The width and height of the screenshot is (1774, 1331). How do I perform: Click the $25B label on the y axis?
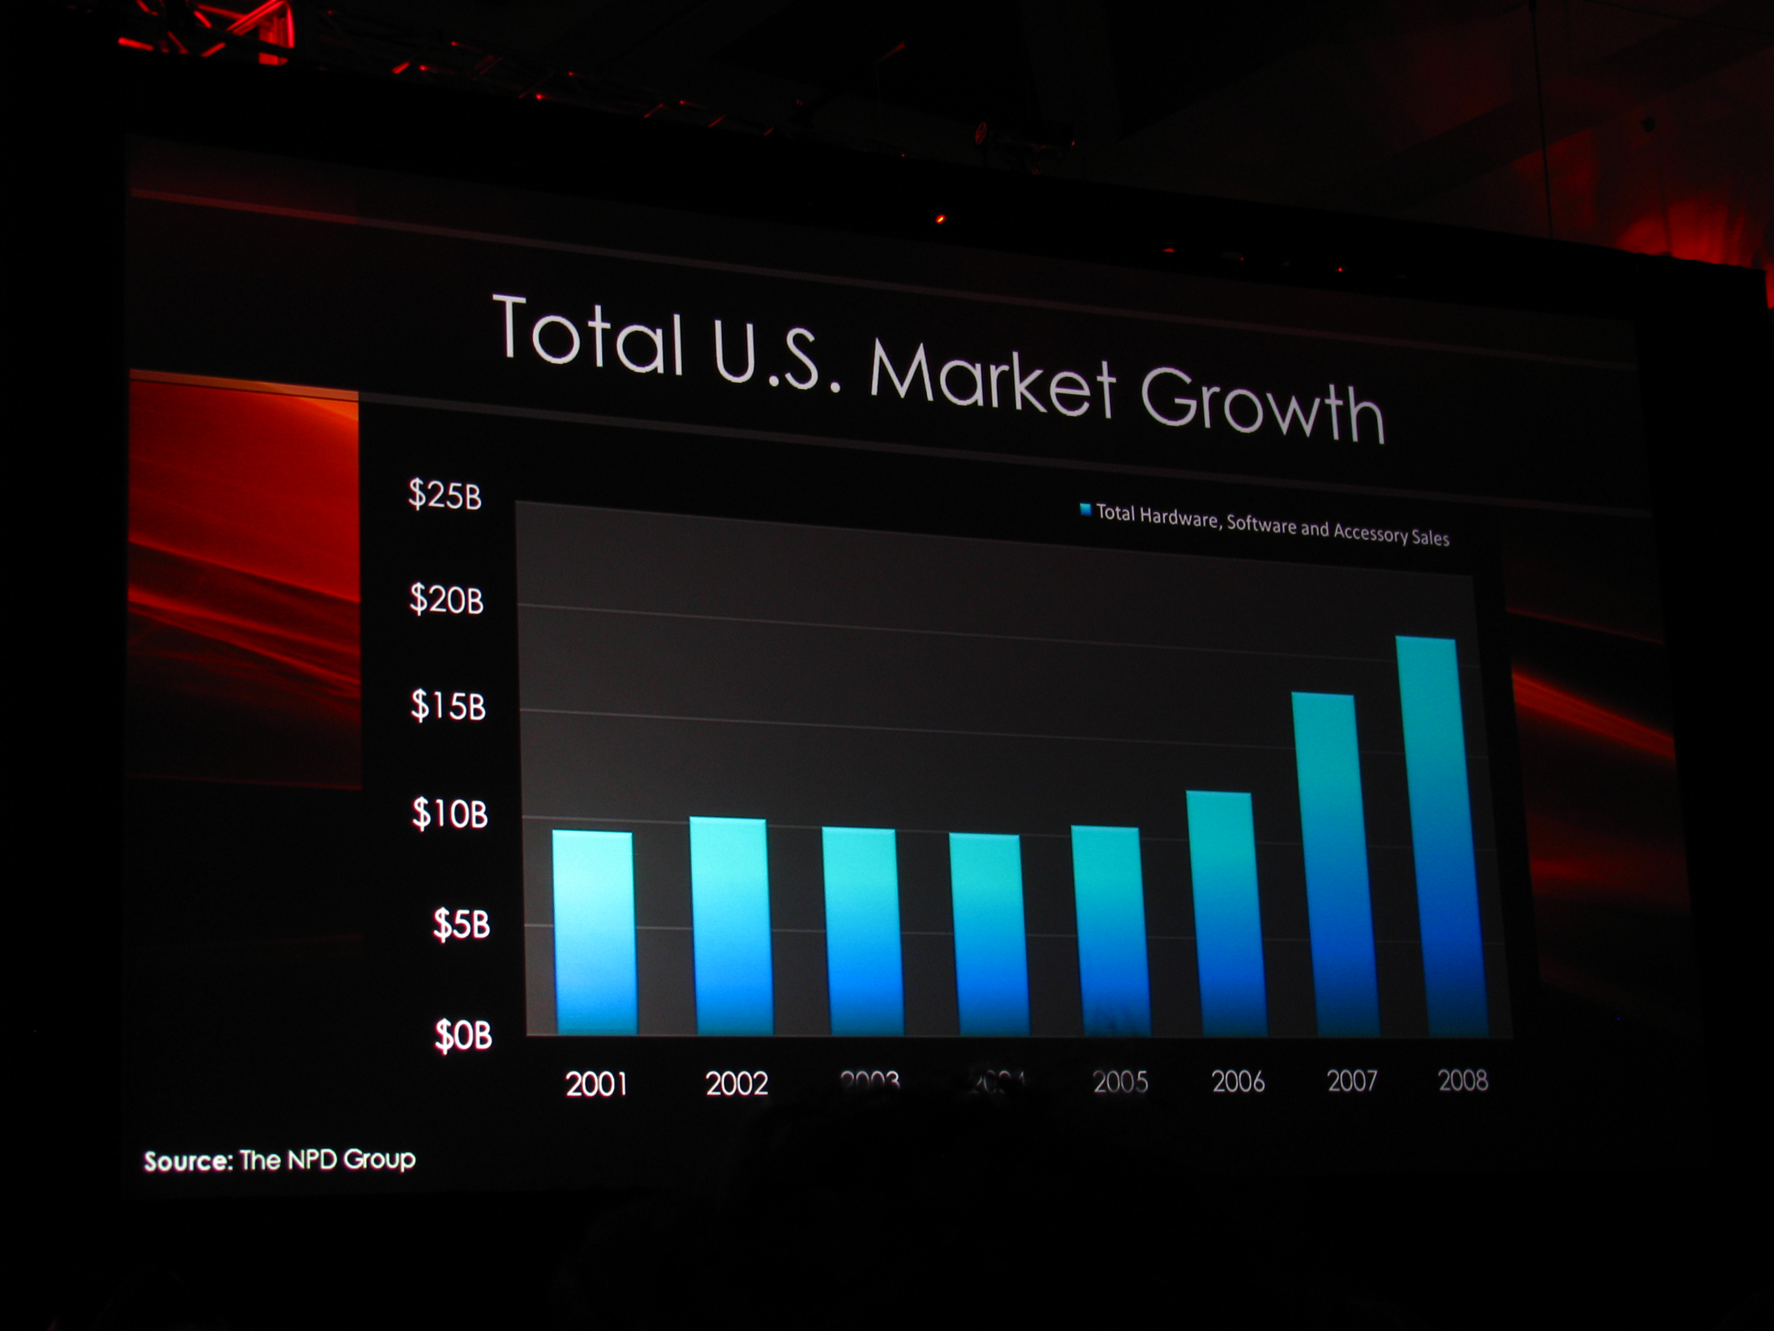pyautogui.click(x=444, y=494)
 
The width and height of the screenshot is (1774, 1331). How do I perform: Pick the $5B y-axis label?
pyautogui.click(x=461, y=924)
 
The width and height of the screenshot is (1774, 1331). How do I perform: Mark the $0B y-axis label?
pyautogui.click(x=463, y=1035)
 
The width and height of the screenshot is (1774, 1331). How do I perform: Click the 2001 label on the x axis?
pyautogui.click(x=596, y=1085)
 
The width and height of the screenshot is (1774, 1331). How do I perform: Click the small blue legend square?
pyautogui.click(x=1085, y=509)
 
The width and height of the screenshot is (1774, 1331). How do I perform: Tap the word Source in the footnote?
pyautogui.click(x=188, y=1161)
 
